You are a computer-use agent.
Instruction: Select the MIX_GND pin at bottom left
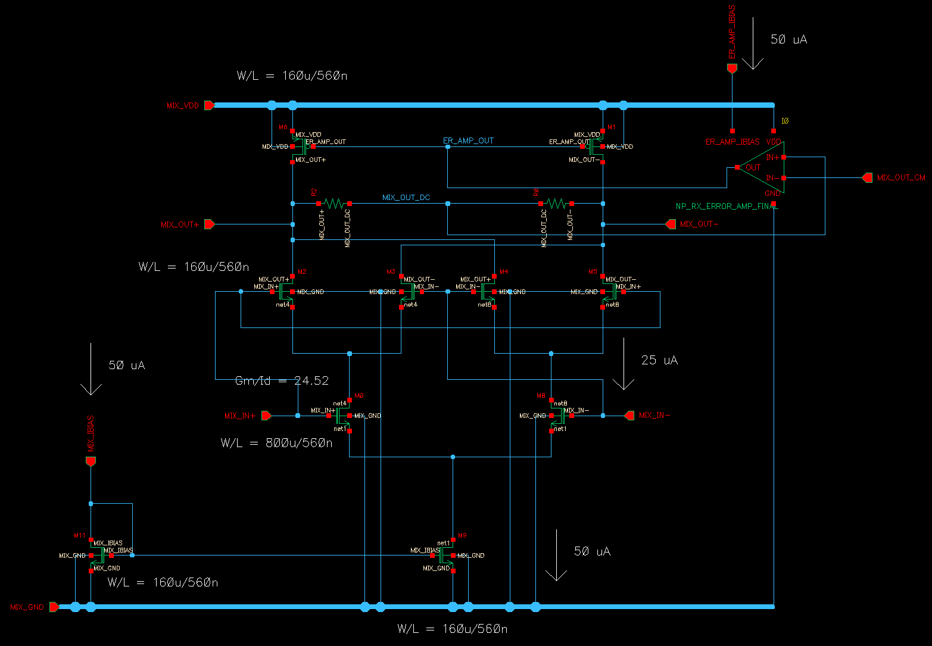point(54,607)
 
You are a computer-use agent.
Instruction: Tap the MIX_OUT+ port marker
point(209,224)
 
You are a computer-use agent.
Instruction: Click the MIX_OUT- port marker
point(671,224)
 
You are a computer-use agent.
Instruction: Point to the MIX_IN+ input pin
point(266,416)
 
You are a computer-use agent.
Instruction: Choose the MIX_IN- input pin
point(629,416)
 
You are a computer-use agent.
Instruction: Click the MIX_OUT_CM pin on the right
point(867,178)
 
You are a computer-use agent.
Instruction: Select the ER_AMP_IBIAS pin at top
point(732,69)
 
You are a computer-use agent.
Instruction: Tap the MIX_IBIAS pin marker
point(91,461)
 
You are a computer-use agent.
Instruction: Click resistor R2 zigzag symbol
point(334,204)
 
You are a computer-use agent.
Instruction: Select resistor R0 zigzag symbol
point(556,204)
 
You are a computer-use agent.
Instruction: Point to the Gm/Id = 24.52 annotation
point(282,381)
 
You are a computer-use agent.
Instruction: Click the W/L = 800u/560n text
point(276,443)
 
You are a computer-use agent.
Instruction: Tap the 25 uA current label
point(659,360)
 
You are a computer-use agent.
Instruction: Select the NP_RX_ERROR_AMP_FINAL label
point(727,207)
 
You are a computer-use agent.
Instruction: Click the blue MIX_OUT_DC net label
point(406,198)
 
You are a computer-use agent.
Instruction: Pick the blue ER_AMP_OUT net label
point(468,141)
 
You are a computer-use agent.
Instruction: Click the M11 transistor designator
point(80,536)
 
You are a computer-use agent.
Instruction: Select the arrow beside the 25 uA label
point(624,364)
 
